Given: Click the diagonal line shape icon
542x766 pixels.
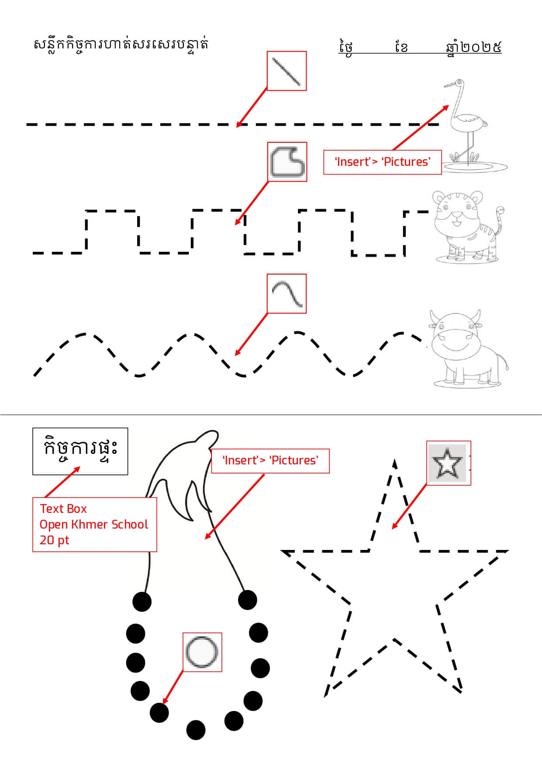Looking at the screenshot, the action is point(287,71).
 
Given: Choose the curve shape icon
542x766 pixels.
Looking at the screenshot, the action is point(287,294).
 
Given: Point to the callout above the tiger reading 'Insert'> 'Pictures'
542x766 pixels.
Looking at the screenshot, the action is point(383,162).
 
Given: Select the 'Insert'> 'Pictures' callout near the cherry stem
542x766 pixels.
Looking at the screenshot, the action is point(270,461).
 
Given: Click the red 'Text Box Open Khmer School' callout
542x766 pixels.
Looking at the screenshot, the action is point(94,525).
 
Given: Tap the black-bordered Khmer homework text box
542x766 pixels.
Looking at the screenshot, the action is point(80,451).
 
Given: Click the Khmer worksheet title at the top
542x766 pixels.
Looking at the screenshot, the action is point(121,45).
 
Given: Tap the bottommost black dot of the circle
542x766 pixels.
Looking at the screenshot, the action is point(196,730).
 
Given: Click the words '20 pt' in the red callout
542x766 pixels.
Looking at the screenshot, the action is point(55,540).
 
